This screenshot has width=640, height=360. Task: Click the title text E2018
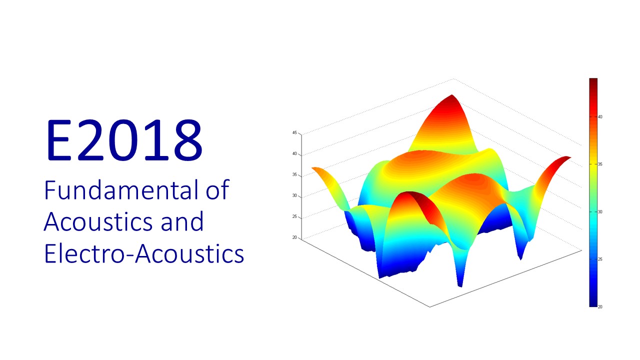click(x=124, y=140)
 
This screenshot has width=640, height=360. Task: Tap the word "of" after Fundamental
click(x=217, y=189)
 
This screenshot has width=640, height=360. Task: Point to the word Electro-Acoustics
click(x=144, y=253)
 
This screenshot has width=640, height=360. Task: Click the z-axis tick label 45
click(x=294, y=132)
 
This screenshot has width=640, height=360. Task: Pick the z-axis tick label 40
click(x=294, y=153)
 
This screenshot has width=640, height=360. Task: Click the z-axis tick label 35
click(x=294, y=174)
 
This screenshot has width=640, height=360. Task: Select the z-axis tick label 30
click(x=294, y=195)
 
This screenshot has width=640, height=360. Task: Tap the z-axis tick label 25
click(x=294, y=216)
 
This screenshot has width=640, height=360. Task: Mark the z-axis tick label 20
click(x=294, y=237)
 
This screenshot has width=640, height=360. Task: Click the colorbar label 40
click(x=600, y=117)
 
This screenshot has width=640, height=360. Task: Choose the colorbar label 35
click(x=600, y=164)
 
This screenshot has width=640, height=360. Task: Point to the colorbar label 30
click(x=600, y=211)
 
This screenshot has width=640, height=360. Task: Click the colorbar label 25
click(x=600, y=259)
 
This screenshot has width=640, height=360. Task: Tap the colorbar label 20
click(x=600, y=307)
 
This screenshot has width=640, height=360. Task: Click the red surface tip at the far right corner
click(x=567, y=157)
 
